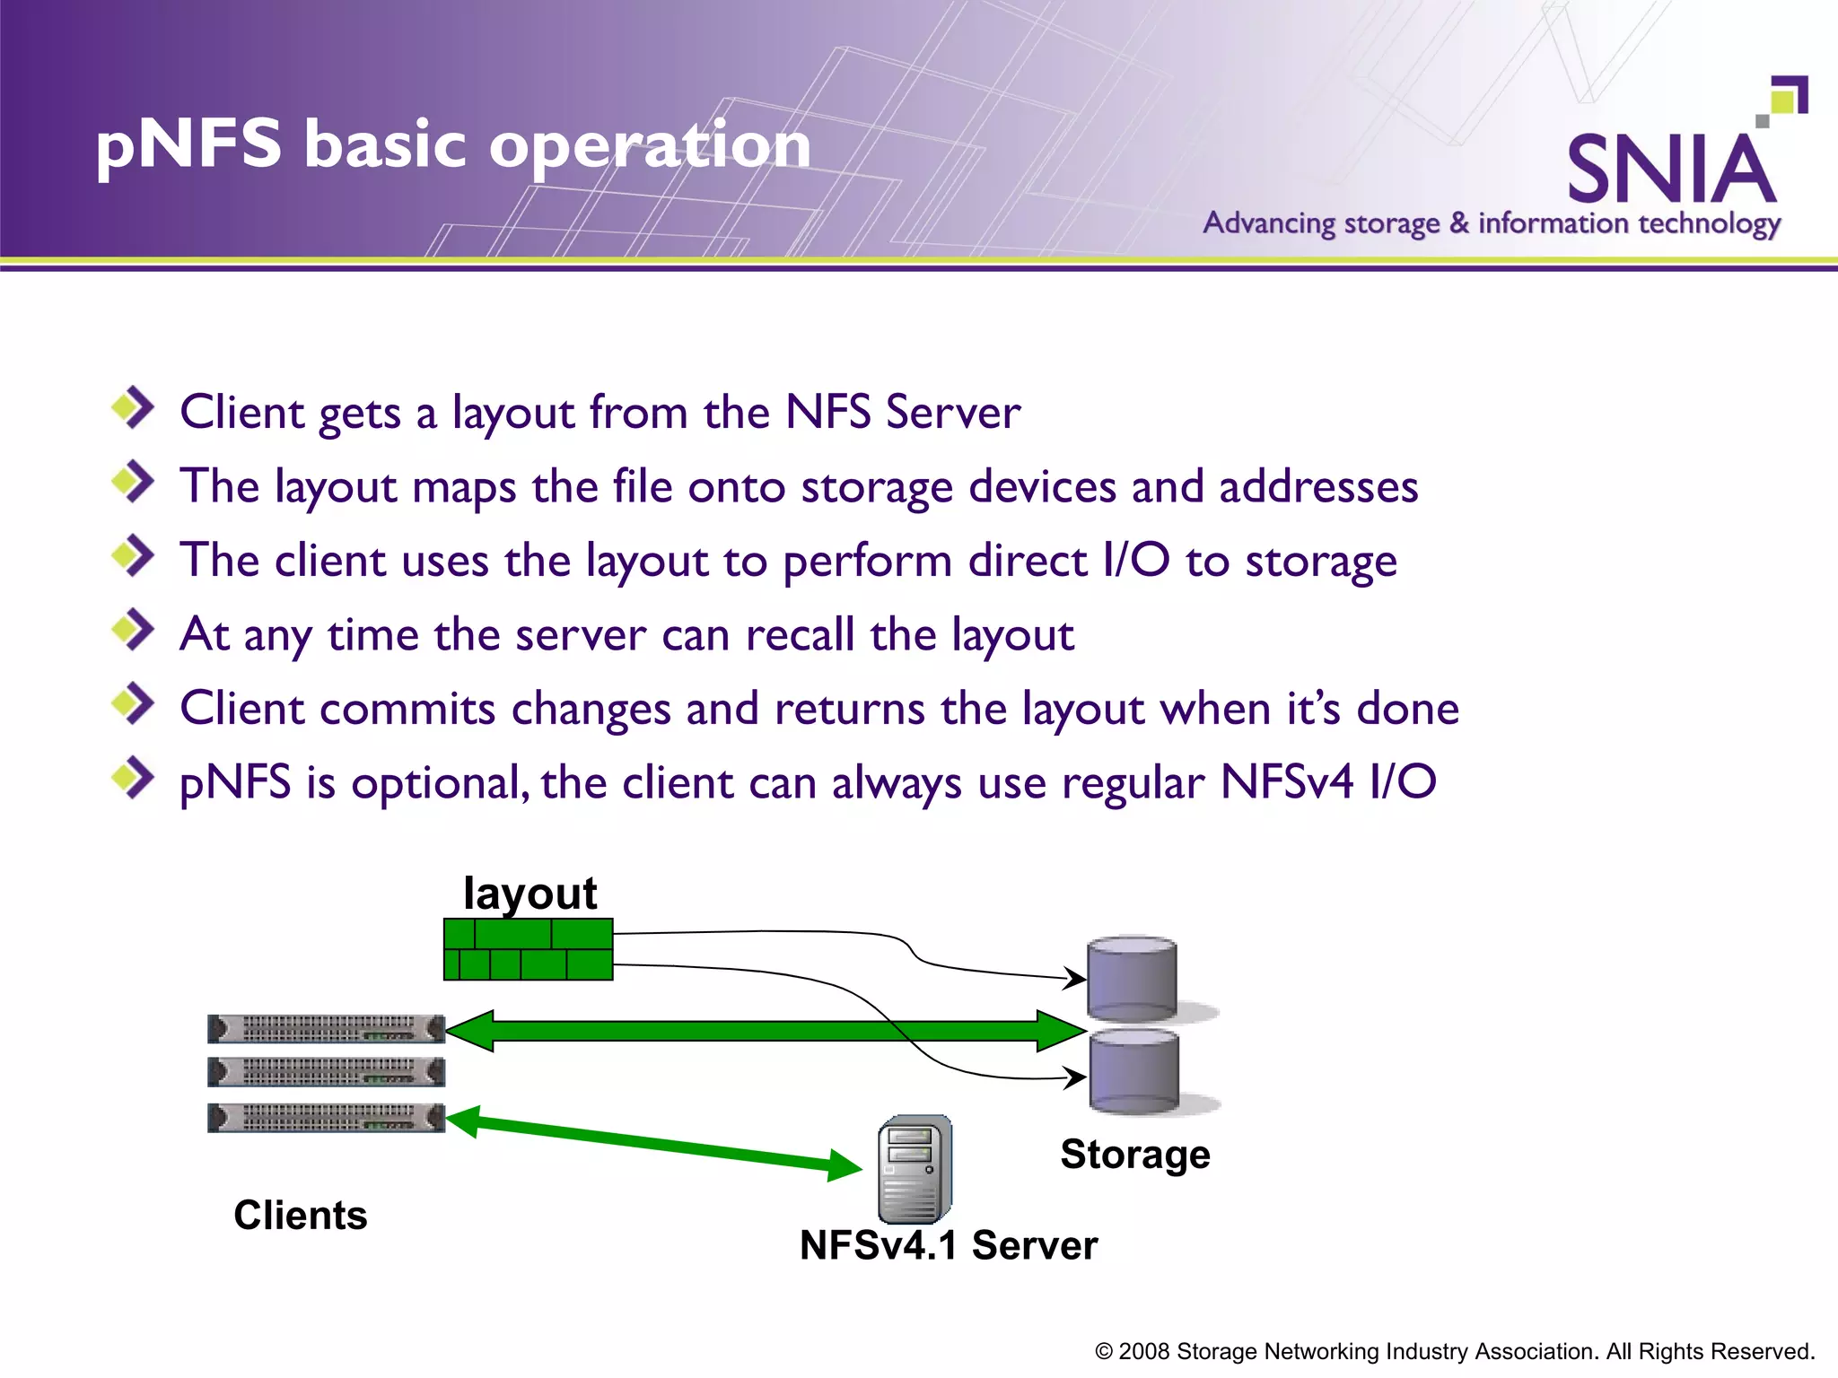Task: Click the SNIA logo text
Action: tap(1671, 170)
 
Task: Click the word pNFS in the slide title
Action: tap(188, 145)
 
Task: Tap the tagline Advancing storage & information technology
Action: tap(1491, 223)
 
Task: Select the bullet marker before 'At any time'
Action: tap(133, 630)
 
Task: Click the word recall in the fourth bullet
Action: tap(800, 635)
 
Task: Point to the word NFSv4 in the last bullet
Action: tap(1286, 782)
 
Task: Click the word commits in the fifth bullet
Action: tap(407, 709)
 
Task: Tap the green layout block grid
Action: tap(528, 949)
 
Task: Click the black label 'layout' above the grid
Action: tap(530, 893)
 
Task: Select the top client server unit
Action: tap(326, 1029)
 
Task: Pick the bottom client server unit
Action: tap(326, 1118)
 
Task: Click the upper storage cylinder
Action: tap(1132, 980)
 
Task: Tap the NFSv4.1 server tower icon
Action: tap(915, 1170)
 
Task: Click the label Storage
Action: tap(1134, 1155)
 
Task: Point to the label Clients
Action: tap(301, 1216)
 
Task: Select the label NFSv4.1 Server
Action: tap(948, 1246)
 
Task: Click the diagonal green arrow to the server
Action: tap(655, 1142)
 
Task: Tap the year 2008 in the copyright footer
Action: tap(1143, 1352)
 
